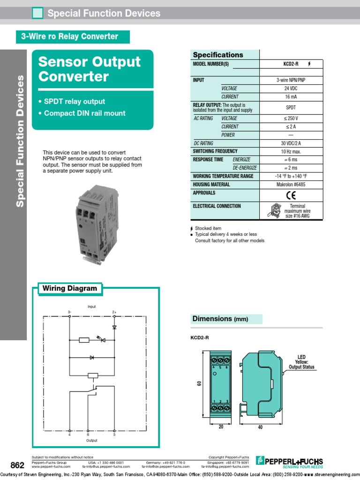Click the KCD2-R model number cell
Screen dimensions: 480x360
tap(291, 64)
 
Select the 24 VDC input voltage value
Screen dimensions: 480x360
tap(291, 89)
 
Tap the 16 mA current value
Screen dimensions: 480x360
tap(291, 97)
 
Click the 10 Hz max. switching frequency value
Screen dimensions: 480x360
tap(291, 151)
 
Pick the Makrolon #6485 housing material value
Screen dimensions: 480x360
tap(291, 185)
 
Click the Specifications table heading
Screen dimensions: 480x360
tap(218, 55)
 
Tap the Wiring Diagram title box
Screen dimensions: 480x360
tap(70, 289)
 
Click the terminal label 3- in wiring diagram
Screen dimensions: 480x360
tap(69, 312)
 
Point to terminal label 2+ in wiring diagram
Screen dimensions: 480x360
tap(114, 312)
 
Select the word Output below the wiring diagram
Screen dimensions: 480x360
tap(91, 441)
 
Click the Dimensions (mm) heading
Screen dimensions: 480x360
tap(220, 319)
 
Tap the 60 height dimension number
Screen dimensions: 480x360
tap(199, 383)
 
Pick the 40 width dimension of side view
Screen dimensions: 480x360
tap(260, 427)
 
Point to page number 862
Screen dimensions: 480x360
tap(17, 465)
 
